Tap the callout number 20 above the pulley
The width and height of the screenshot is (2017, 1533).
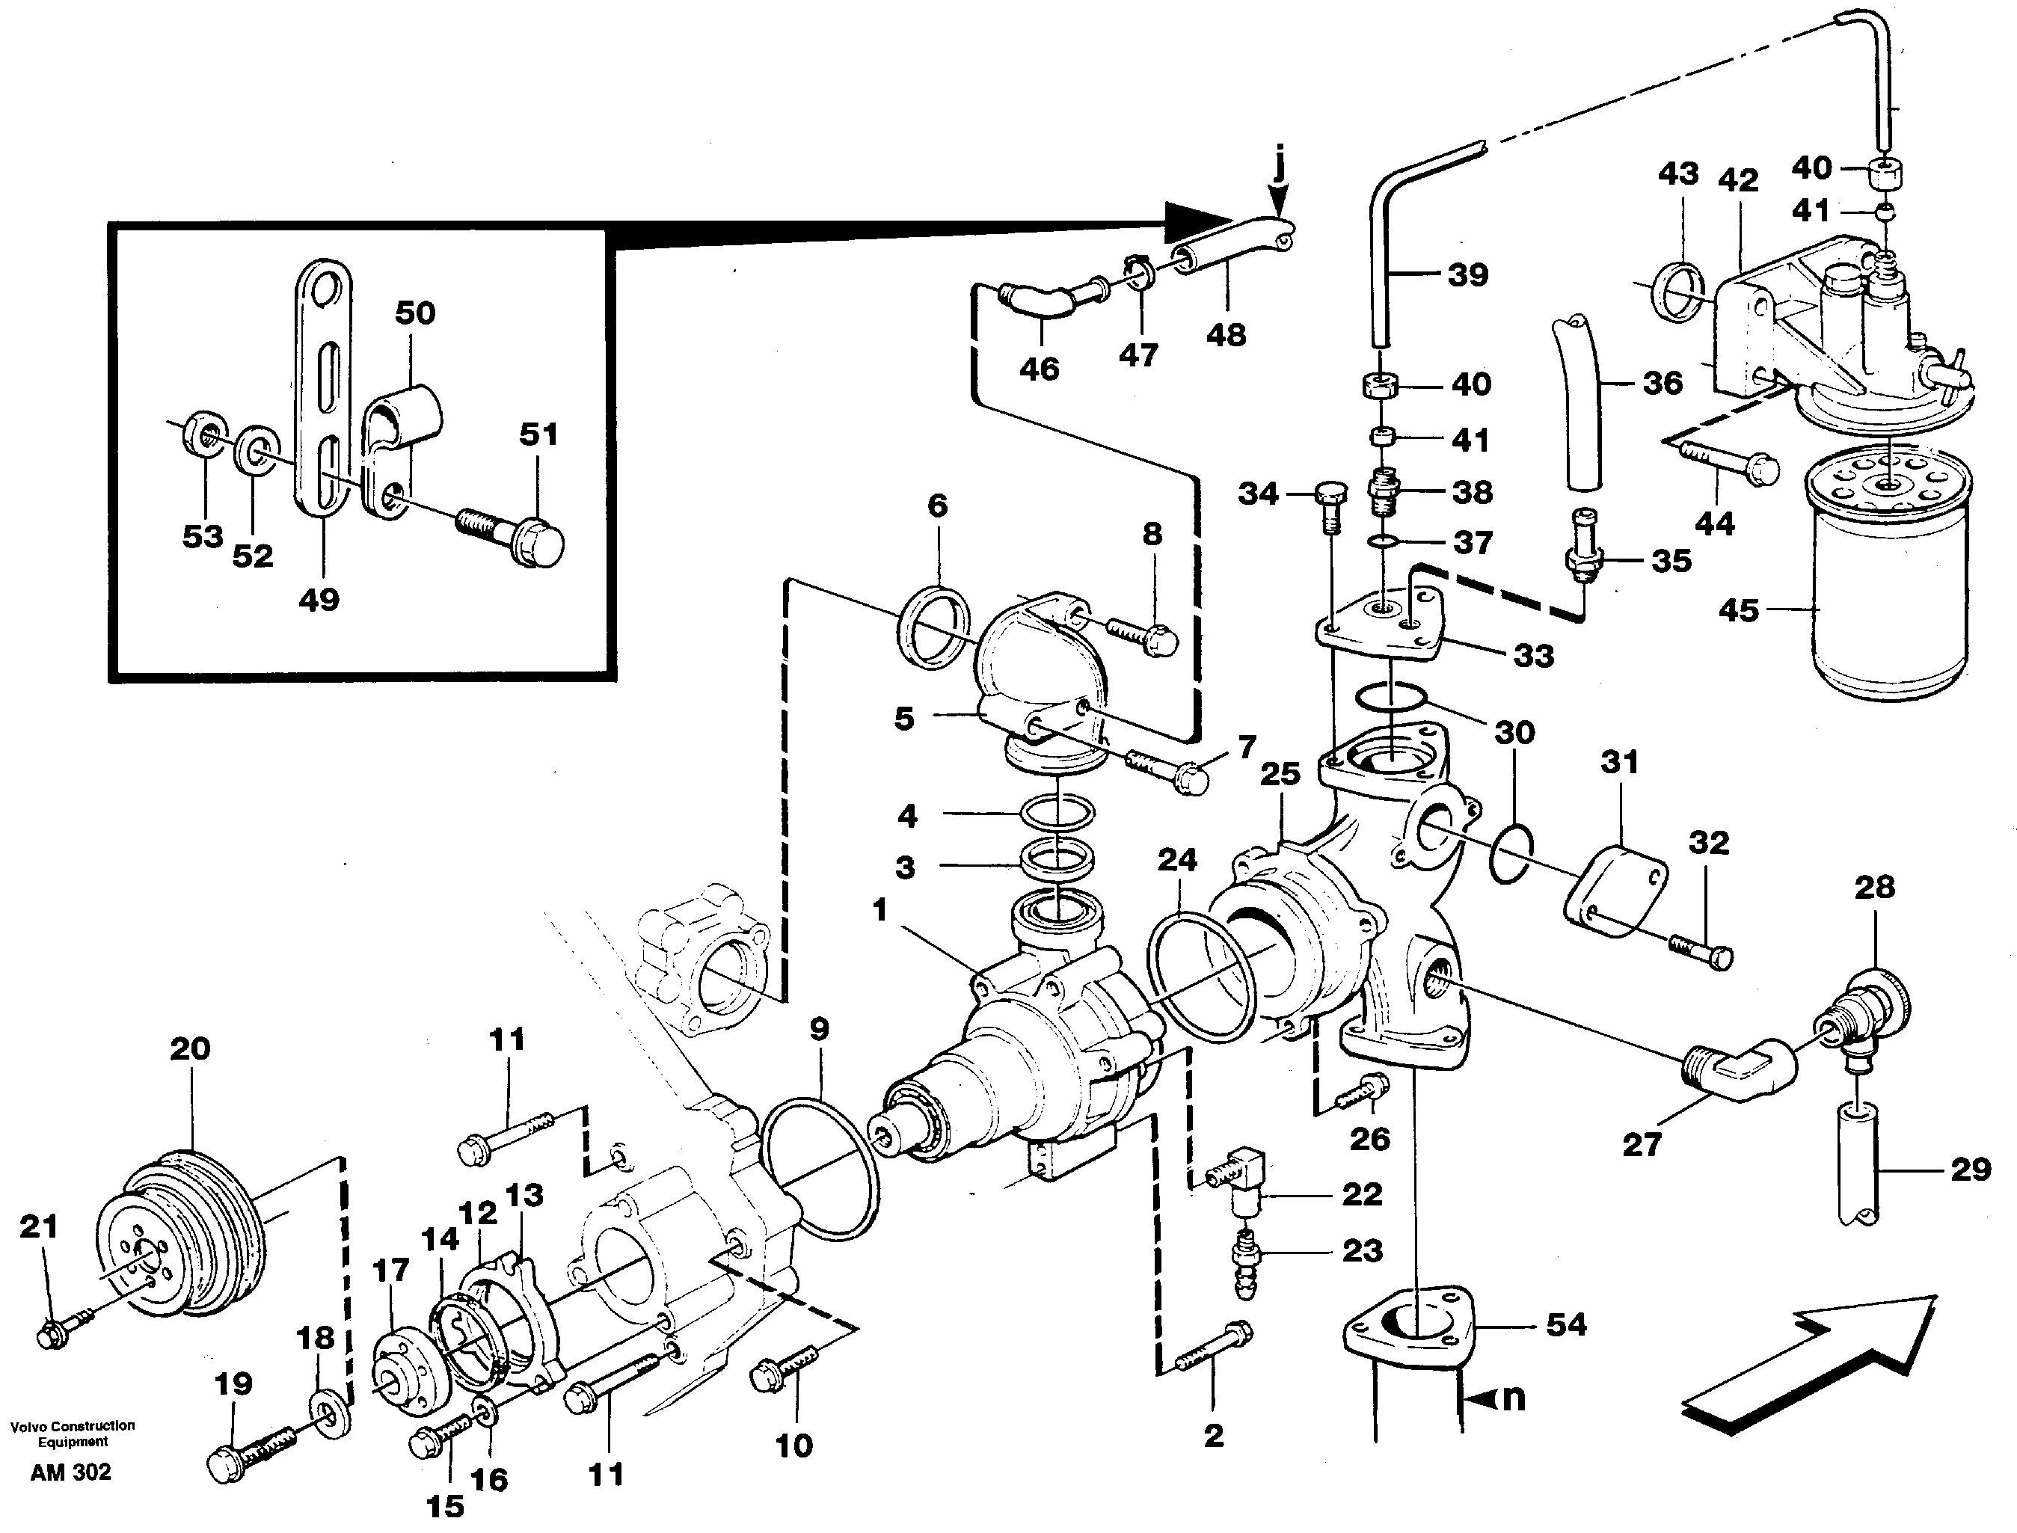(x=190, y=1048)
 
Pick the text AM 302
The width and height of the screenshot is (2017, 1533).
(x=70, y=1472)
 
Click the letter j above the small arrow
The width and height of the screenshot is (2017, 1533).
(x=1280, y=167)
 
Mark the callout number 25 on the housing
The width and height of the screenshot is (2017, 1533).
(x=1280, y=774)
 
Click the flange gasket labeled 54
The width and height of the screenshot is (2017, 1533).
(x=1410, y=1333)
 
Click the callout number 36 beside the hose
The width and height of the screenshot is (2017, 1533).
(x=1662, y=382)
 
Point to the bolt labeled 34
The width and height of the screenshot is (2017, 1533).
(x=1328, y=506)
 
